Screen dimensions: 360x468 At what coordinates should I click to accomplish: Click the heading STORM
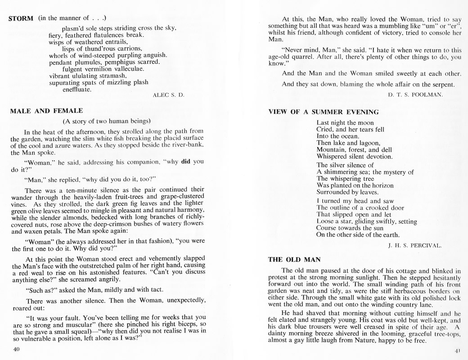point(22,19)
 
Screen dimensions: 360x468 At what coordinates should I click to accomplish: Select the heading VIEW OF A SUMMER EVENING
point(324,112)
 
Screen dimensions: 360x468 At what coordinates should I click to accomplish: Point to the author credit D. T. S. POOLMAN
point(415,94)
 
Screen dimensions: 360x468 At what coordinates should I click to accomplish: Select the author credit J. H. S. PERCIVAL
point(414,246)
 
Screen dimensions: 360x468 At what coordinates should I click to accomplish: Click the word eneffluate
point(77,89)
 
